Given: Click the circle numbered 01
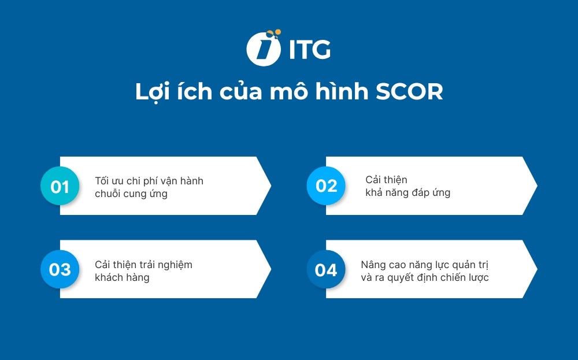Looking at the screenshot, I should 60,186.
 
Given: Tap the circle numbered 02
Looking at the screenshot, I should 326,185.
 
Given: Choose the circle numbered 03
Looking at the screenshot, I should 60,269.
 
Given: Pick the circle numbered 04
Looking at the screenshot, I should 326,269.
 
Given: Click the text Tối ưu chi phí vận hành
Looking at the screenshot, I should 149,181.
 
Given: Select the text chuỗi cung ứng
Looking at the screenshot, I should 131,194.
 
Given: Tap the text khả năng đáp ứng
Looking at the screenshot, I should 407,192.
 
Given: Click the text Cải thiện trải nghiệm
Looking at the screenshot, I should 143,265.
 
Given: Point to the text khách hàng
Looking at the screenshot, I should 122,277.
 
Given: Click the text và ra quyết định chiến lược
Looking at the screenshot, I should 424,277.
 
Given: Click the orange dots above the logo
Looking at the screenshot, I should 276,34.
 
